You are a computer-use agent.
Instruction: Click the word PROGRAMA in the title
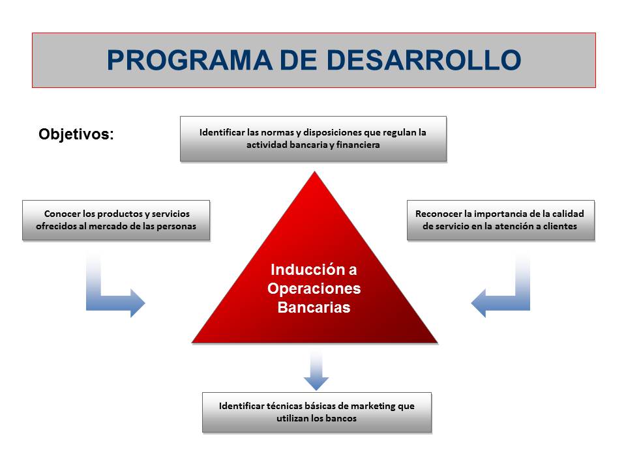(x=189, y=60)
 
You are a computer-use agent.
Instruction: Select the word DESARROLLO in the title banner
(x=424, y=60)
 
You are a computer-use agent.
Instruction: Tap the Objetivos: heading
(x=76, y=134)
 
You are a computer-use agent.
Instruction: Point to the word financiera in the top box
(x=358, y=145)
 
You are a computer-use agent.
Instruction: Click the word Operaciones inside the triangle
(x=314, y=289)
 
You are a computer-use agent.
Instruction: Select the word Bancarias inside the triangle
(x=314, y=307)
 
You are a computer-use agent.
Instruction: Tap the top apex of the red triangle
(x=314, y=172)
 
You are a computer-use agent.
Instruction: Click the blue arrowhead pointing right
(x=138, y=303)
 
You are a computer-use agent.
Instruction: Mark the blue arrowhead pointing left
(x=479, y=303)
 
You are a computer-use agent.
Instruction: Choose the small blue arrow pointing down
(x=316, y=371)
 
